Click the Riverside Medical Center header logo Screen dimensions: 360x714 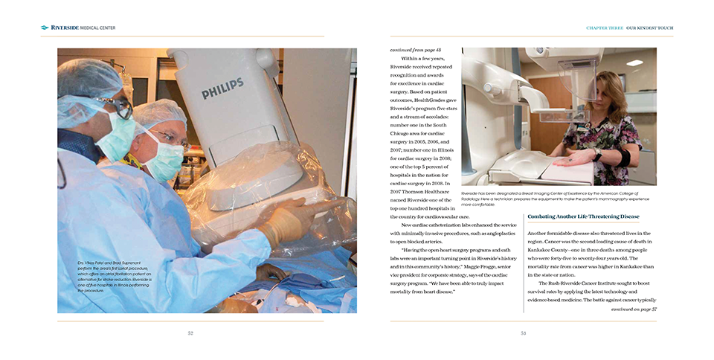pyautogui.click(x=78, y=28)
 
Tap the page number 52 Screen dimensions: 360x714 pyautogui.click(x=190, y=333)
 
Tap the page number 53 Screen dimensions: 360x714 pyautogui.click(x=523, y=333)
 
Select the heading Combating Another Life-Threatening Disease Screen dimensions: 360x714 pyautogui.click(x=583, y=217)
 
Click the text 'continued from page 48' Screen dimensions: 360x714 pyautogui.click(x=415, y=50)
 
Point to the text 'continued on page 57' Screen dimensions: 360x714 pyautogui.click(x=634, y=309)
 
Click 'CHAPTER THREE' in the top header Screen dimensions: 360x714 pyautogui.click(x=604, y=28)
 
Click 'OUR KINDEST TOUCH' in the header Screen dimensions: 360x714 pyautogui.click(x=649, y=28)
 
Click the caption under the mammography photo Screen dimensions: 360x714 pyautogui.click(x=558, y=196)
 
